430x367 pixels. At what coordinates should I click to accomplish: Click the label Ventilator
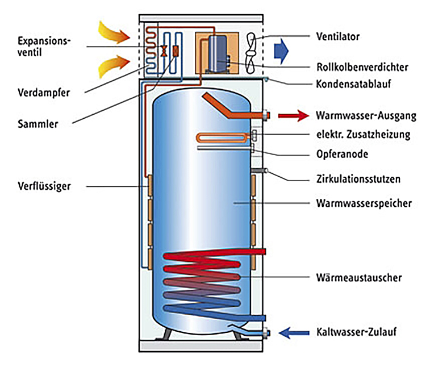(337, 37)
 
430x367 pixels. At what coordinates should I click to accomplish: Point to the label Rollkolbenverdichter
(362, 67)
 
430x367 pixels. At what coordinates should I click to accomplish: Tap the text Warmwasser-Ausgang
(366, 116)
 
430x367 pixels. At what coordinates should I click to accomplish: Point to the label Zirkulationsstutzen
(358, 179)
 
